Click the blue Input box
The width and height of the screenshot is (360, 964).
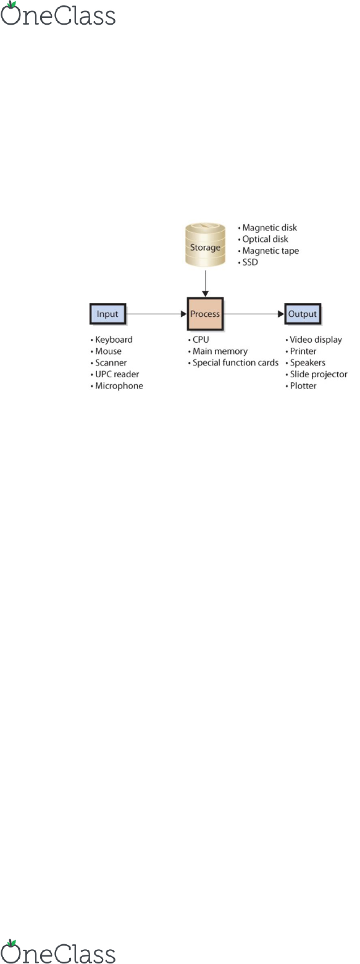[108, 314]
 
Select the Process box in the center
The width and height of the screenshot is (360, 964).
[205, 314]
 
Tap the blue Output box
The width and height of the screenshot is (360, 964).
[303, 314]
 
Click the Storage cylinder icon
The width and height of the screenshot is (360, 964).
[205, 245]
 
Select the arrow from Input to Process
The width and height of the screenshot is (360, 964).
[157, 314]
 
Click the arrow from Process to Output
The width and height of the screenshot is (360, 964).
[254, 314]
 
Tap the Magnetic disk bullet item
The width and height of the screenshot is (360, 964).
[267, 228]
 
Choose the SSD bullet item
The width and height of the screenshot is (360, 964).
[248, 262]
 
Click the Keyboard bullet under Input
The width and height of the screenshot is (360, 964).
[111, 340]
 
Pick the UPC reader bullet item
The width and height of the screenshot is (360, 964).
[115, 374]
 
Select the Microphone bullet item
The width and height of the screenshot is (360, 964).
[117, 385]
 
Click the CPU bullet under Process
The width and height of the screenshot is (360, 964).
[198, 340]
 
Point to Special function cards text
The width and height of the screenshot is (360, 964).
[235, 363]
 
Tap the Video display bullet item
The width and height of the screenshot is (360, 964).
[314, 340]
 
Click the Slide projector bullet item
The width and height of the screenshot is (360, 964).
[317, 374]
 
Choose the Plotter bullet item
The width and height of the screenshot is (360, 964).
[301, 385]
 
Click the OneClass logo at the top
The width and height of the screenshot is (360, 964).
[58, 14]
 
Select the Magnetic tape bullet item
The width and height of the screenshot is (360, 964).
[269, 251]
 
